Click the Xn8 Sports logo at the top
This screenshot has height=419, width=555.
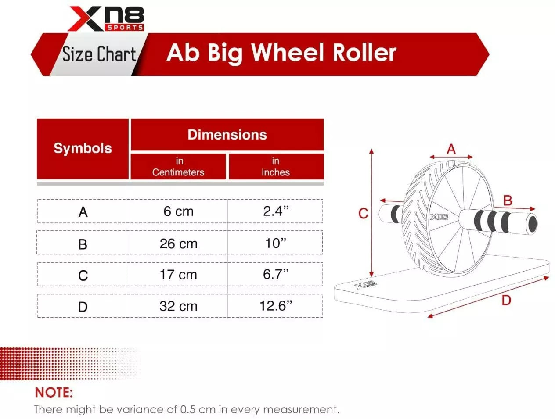(x=106, y=19)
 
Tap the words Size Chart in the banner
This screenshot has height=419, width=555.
(x=99, y=54)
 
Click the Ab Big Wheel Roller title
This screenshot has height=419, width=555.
(x=281, y=53)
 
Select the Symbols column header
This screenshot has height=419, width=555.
(x=83, y=148)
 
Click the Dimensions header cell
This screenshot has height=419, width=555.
(x=227, y=135)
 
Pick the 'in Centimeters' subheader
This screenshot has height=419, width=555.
(x=178, y=167)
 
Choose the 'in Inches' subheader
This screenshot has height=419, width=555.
(x=276, y=167)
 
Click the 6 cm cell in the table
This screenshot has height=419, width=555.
(x=179, y=211)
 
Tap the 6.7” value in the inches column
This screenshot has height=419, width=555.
(x=276, y=274)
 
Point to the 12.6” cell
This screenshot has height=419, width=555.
(x=276, y=306)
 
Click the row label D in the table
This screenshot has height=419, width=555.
(x=83, y=307)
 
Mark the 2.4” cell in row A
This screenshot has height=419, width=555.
(x=276, y=211)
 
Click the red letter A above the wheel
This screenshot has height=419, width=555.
(x=451, y=149)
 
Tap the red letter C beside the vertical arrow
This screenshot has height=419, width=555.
(x=364, y=213)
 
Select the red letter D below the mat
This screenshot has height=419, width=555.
(x=506, y=301)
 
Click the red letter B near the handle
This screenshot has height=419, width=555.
(x=508, y=201)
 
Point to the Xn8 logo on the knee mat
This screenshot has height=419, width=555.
(x=365, y=285)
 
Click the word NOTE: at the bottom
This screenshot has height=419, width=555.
(x=54, y=393)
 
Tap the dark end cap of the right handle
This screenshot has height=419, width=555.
(x=532, y=224)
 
